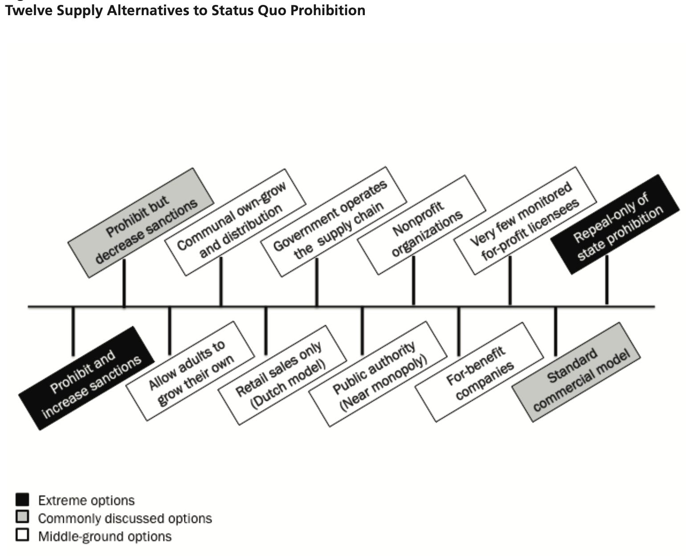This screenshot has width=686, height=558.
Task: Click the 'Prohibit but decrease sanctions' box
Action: point(141,223)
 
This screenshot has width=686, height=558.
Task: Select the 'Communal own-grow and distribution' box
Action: point(235,222)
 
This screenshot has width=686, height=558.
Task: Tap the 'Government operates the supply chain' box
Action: point(333,222)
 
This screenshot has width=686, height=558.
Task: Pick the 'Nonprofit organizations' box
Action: point(421,225)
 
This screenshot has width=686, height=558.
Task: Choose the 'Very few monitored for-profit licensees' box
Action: point(525,220)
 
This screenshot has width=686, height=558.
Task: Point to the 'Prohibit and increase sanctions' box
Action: point(86,378)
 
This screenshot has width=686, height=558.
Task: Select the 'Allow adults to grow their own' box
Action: point(190,371)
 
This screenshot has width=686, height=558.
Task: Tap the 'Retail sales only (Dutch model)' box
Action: point(282,375)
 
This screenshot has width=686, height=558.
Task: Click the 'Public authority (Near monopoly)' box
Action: point(378,374)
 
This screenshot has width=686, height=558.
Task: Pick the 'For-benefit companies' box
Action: point(479,372)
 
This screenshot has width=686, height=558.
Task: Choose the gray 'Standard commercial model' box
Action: point(576,372)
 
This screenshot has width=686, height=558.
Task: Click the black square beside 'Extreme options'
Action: point(22,500)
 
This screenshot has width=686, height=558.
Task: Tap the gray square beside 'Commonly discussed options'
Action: point(22,517)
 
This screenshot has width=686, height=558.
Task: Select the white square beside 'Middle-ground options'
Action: point(22,535)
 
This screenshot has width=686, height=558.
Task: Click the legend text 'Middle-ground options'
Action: point(105,536)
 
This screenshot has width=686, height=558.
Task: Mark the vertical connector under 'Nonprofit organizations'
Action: point(414,281)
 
